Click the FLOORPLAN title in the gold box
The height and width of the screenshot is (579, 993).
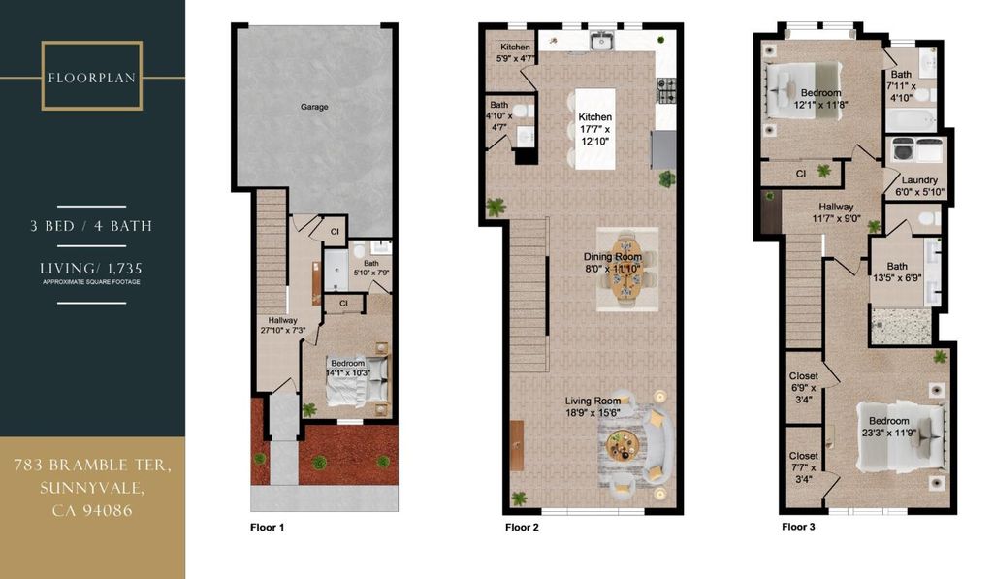(92, 78)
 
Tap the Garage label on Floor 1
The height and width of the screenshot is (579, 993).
(314, 107)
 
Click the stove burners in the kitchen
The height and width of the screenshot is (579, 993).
(666, 90)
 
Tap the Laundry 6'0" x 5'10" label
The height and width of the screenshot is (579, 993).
(919, 185)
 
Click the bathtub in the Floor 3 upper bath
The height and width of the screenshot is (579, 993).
(910, 119)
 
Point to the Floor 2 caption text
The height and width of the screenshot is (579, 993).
(522, 527)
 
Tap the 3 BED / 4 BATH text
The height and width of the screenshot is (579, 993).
(92, 226)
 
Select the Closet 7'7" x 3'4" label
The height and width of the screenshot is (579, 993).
(804, 467)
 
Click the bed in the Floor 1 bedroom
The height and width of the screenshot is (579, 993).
(357, 380)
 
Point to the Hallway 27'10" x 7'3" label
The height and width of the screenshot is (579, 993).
(283, 325)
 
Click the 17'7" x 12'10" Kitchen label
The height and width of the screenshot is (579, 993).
(594, 129)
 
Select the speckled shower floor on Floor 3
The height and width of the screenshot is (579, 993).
(902, 326)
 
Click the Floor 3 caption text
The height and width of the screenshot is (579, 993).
(799, 527)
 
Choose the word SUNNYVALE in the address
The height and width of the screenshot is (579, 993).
(92, 488)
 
